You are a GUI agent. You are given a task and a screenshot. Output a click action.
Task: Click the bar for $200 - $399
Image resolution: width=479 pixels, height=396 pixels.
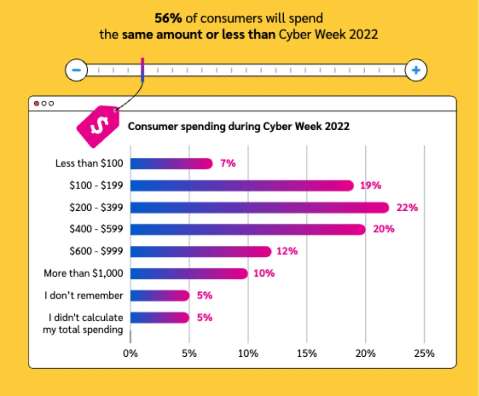tap(259, 207)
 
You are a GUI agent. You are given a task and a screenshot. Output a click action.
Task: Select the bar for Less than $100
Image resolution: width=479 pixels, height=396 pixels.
tap(171, 164)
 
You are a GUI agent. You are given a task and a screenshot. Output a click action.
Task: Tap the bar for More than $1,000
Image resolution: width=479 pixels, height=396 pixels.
tap(189, 273)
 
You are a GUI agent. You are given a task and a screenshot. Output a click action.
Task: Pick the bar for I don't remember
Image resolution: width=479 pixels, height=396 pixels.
tap(160, 296)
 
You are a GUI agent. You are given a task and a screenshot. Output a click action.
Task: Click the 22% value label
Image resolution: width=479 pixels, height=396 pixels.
tap(407, 207)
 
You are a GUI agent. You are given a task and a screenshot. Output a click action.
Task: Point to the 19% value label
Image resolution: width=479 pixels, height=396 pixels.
tap(370, 186)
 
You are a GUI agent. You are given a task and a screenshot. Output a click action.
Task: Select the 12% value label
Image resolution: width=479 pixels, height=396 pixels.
tap(287, 252)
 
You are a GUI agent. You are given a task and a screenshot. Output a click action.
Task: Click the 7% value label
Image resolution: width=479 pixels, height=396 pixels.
tap(227, 164)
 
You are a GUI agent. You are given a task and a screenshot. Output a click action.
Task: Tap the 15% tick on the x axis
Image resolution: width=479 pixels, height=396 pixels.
tap(307, 353)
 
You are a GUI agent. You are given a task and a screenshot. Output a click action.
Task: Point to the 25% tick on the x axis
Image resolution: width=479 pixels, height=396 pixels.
tap(424, 353)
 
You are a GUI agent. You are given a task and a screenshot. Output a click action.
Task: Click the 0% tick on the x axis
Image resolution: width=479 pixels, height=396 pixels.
tap(130, 353)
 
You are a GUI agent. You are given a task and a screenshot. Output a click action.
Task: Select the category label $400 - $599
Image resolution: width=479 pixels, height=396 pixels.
tap(96, 229)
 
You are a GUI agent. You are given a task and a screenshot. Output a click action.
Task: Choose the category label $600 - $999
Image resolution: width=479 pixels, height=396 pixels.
tap(96, 252)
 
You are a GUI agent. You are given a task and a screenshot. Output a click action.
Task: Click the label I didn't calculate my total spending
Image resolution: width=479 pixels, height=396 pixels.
tap(83, 324)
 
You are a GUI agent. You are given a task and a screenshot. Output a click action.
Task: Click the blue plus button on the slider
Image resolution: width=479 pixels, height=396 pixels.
tap(416, 71)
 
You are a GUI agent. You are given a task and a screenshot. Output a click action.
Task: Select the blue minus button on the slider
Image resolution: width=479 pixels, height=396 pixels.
tap(77, 71)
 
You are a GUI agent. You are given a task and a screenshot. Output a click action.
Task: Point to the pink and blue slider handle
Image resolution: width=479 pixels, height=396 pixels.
tap(142, 70)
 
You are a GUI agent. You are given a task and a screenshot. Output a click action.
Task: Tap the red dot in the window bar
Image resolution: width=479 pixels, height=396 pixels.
tap(36, 104)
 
